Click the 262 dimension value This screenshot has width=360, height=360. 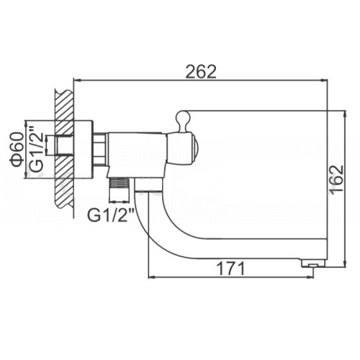coord(201,71)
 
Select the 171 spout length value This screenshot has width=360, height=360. coord(230,269)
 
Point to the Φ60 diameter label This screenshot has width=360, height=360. coord(17,149)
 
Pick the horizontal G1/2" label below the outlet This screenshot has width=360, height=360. coord(110,215)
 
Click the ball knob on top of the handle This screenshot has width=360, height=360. coord(183,117)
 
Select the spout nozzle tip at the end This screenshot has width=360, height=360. coord(313,263)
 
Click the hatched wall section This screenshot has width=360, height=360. coord(64,149)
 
